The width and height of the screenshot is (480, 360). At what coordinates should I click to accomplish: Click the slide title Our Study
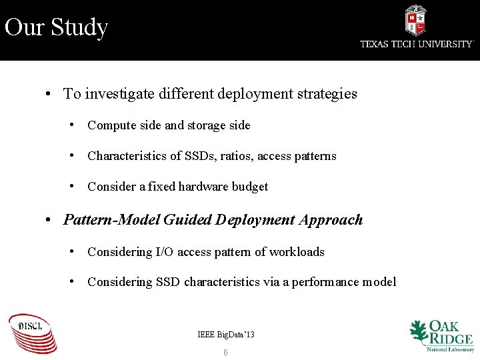pos(56,28)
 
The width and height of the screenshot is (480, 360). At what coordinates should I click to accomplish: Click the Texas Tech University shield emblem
pos(415,20)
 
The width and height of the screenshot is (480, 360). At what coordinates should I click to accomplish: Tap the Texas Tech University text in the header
pos(416,44)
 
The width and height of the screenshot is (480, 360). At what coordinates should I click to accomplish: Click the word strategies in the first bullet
pos(327,94)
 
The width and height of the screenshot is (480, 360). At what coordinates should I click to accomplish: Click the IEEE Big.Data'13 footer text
pos(226,334)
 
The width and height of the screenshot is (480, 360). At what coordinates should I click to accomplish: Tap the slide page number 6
pos(225,352)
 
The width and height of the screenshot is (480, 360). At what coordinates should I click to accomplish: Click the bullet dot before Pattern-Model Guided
pos(49,220)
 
